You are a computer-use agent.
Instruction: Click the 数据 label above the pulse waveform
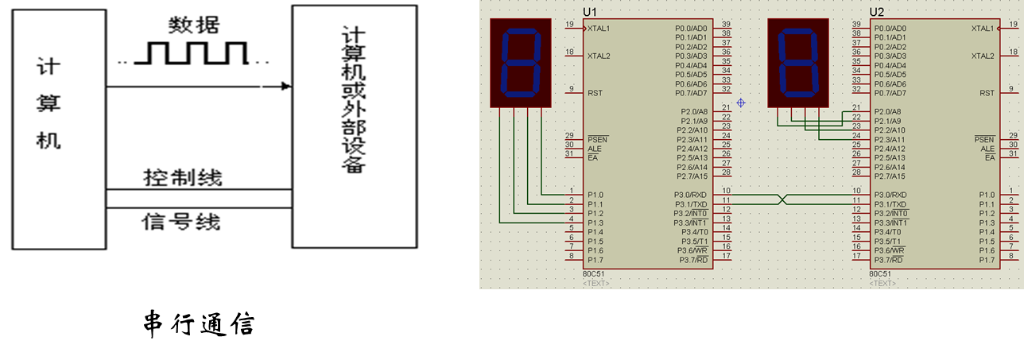pyautogui.click(x=194, y=25)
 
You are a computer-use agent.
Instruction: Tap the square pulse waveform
pyautogui.click(x=192, y=54)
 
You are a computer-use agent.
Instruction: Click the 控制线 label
pyautogui.click(x=182, y=176)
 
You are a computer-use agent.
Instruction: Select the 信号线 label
pyautogui.click(x=181, y=220)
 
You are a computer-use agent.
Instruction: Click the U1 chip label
pyautogui.click(x=589, y=12)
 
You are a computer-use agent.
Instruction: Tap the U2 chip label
pyautogui.click(x=876, y=12)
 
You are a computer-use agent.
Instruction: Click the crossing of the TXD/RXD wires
pyautogui.click(x=784, y=199)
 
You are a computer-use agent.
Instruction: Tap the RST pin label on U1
pyautogui.click(x=595, y=93)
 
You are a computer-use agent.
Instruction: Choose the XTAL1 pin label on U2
pyautogui.click(x=983, y=28)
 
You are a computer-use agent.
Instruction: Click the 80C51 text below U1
pyautogui.click(x=593, y=274)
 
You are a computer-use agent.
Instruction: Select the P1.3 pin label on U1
pyautogui.click(x=595, y=223)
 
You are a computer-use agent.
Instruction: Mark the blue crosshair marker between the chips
pyautogui.click(x=741, y=103)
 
